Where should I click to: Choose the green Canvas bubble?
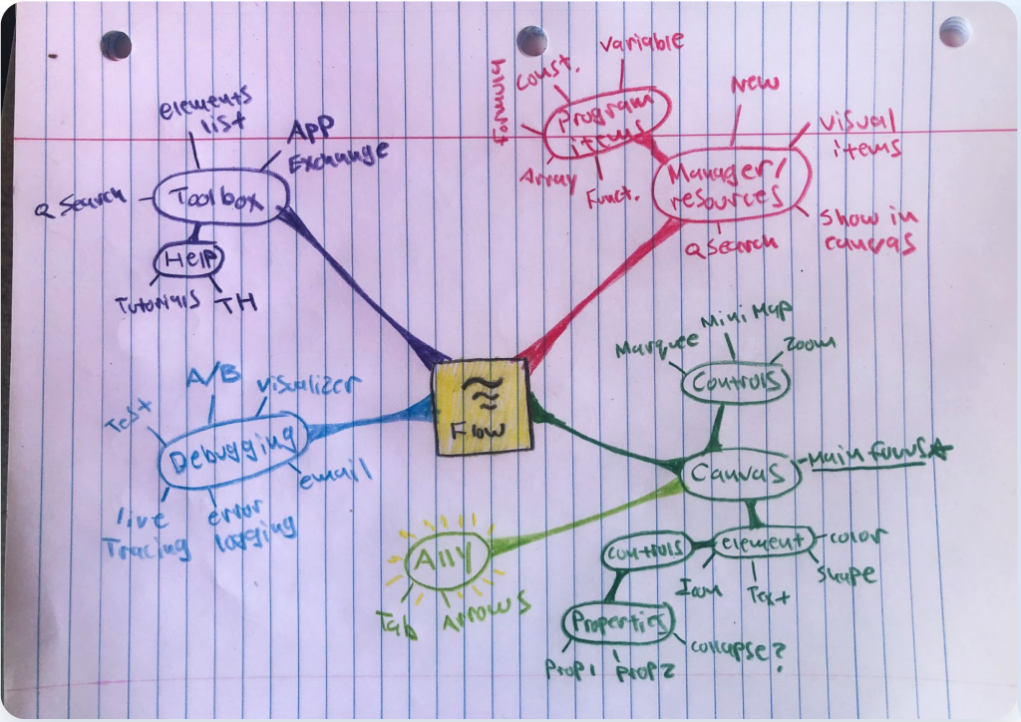pos(741,477)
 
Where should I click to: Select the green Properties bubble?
pos(618,623)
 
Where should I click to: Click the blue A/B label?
pos(211,376)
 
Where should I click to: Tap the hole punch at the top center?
pos(531,40)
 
